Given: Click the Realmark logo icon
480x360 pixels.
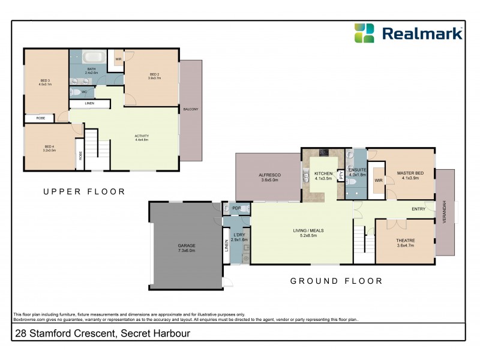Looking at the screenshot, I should click(364, 33).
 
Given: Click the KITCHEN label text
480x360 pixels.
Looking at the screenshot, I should click(323, 174).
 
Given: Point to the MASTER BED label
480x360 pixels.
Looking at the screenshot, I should click(410, 174).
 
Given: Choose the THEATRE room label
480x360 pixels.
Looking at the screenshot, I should click(406, 241).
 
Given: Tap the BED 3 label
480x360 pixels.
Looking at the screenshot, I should click(46, 81).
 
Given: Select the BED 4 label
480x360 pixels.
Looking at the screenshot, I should click(49, 147).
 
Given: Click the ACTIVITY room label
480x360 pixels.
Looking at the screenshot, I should click(142, 136).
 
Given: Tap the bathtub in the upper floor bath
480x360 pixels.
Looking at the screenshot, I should click(92, 59).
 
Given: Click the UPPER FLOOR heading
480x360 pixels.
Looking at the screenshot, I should click(84, 192).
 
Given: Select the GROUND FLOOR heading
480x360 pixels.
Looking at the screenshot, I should click(336, 281).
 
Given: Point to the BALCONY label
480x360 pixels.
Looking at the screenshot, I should click(191, 109).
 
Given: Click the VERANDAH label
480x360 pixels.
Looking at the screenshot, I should click(445, 211).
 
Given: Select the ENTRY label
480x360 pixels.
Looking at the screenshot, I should click(419, 209).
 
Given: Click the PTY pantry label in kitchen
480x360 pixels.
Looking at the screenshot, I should click(341, 176).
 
